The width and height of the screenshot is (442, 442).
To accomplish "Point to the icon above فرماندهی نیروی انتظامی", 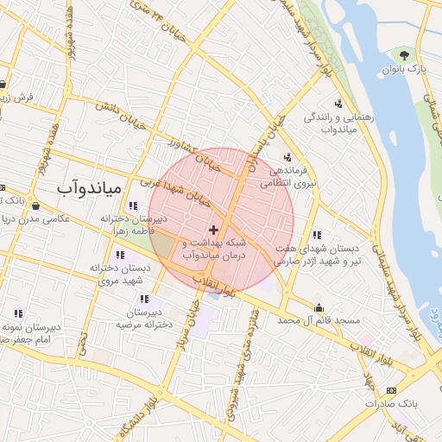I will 286,157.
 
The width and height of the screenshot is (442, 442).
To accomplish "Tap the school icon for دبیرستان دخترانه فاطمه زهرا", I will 132,205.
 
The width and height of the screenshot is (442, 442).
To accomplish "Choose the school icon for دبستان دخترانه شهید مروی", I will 119,256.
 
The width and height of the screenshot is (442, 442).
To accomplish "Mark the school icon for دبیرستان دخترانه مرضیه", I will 143,299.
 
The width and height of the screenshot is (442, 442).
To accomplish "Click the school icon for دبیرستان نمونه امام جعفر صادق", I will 18,314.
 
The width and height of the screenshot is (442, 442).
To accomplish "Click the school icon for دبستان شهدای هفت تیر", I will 318,234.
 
